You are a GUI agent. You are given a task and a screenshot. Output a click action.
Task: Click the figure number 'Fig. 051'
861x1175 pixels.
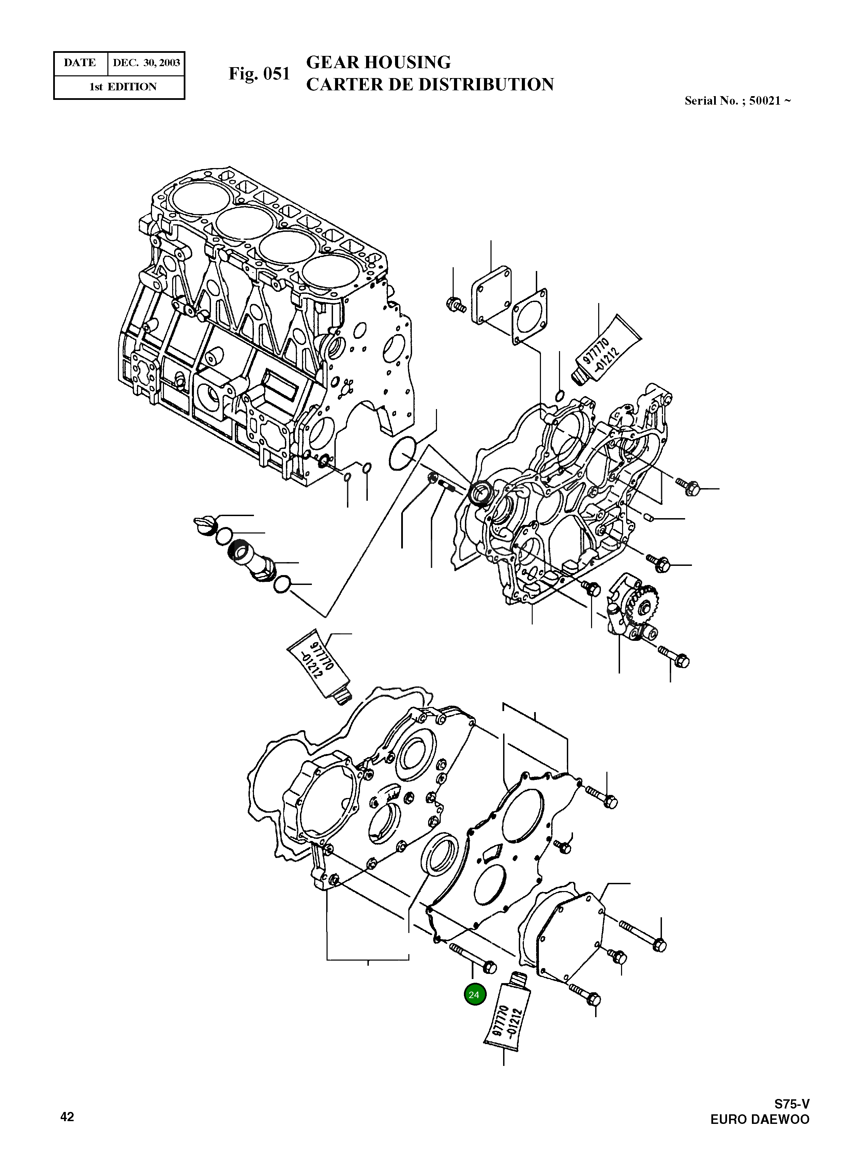pyautogui.click(x=259, y=74)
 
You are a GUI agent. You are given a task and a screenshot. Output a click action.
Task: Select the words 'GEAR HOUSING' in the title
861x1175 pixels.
pyautogui.click(x=378, y=62)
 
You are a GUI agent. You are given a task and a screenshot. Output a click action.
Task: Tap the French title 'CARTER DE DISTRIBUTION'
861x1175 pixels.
pyautogui.click(x=429, y=85)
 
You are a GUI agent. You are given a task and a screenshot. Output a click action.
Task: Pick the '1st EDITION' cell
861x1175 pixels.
pyautogui.click(x=123, y=87)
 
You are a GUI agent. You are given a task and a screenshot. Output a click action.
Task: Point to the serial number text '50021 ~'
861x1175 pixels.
pyautogui.click(x=770, y=101)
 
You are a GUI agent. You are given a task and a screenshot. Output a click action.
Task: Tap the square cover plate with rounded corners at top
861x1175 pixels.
pyautogui.click(x=491, y=295)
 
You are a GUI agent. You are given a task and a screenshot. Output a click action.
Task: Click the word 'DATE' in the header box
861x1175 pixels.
pyautogui.click(x=80, y=63)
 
